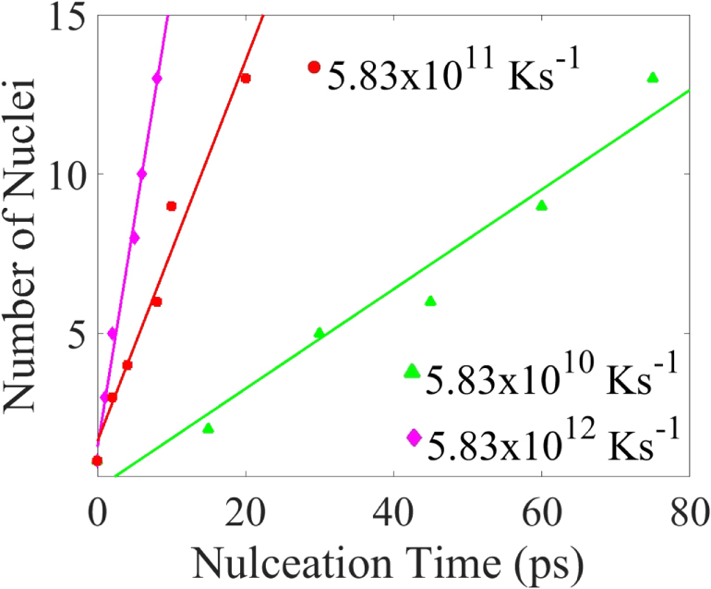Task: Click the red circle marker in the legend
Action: (x=314, y=67)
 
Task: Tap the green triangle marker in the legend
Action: (x=412, y=371)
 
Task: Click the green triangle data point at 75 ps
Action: (x=653, y=78)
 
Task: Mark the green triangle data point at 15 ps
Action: (x=208, y=428)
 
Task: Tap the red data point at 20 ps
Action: (x=246, y=79)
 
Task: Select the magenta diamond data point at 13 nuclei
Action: (x=157, y=79)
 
